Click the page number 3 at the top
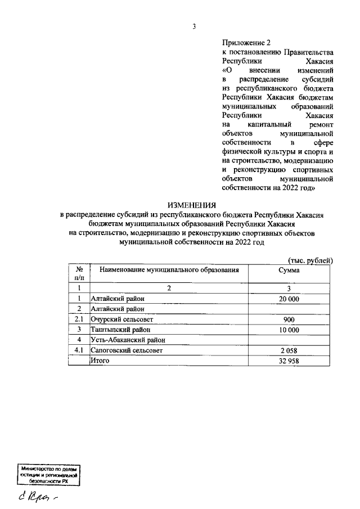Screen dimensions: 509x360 [x=193, y=26]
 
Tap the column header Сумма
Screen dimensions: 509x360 [x=289, y=270]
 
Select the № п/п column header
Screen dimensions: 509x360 [x=79, y=274]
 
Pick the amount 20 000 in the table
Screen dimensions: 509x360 [x=289, y=299]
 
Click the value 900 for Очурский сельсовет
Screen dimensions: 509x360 [x=289, y=319]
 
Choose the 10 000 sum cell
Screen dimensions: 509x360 [x=289, y=330]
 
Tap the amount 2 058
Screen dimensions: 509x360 [x=289, y=350]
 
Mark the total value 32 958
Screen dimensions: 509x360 [x=289, y=361]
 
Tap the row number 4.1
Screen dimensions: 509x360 [x=79, y=350]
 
